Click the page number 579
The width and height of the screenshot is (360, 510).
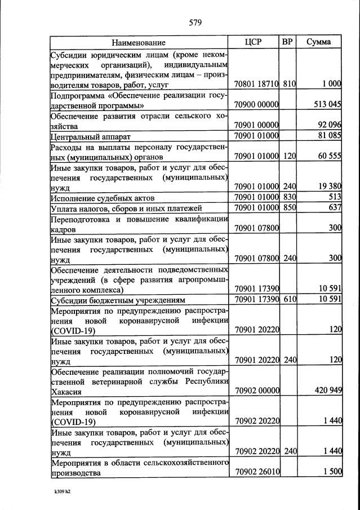pyautogui.click(x=195, y=23)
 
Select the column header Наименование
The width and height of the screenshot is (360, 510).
pyautogui.click(x=138, y=42)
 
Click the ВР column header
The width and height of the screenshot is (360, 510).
pyautogui.click(x=287, y=42)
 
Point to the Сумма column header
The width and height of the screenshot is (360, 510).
pyautogui.click(x=318, y=42)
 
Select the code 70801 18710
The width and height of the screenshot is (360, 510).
pyautogui.click(x=256, y=83)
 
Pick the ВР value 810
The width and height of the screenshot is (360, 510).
pyautogui.click(x=290, y=83)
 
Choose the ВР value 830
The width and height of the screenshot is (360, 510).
pyautogui.click(x=290, y=197)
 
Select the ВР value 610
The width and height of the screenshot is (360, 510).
pyautogui.click(x=290, y=299)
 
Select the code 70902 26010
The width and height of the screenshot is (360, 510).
pyautogui.click(x=256, y=472)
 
